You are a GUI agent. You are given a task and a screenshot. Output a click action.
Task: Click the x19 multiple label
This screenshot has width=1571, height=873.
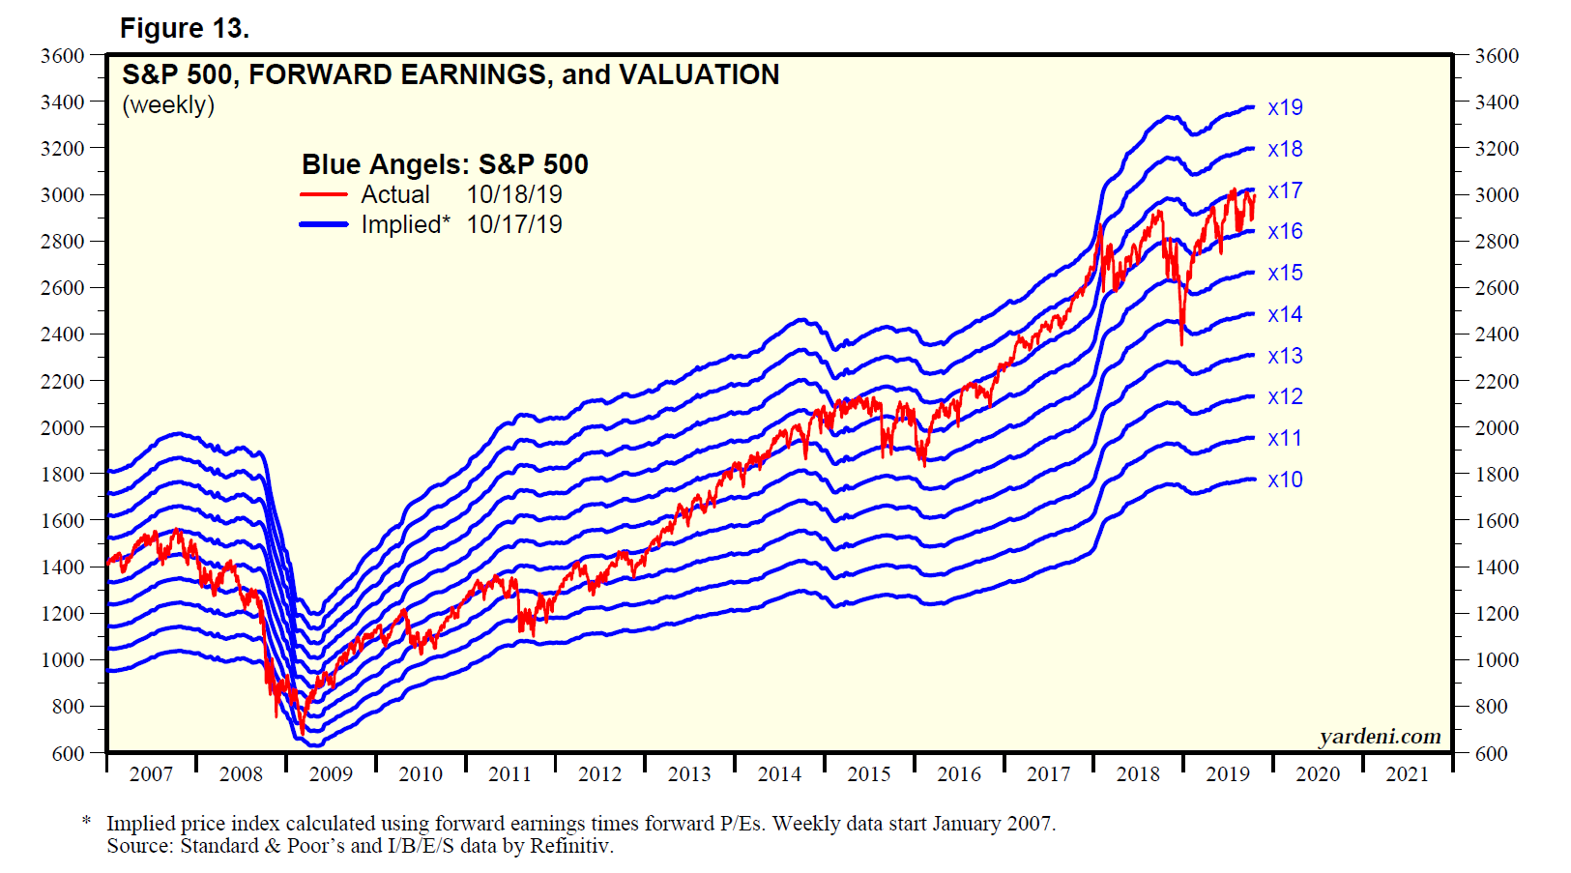1285,107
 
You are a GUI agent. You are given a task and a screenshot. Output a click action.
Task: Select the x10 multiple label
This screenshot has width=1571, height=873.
1285,480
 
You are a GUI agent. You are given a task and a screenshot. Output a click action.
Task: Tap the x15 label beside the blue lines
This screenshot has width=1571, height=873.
1285,273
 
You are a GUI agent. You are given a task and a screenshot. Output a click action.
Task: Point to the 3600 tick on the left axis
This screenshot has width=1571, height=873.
63,56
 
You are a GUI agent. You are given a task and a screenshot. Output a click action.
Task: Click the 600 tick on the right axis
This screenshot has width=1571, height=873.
1491,753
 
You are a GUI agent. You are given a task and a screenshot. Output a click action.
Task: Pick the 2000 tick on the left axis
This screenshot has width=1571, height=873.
63,427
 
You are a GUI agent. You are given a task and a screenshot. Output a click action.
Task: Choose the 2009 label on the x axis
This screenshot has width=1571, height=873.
331,773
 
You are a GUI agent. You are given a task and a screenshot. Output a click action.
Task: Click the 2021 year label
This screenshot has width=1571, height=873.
1407,773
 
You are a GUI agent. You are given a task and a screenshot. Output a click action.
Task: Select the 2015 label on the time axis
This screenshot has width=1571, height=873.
869,773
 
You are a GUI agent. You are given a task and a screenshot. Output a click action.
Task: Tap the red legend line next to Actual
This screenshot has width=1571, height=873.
324,194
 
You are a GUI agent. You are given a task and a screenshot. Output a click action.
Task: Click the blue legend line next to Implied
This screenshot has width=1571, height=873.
324,224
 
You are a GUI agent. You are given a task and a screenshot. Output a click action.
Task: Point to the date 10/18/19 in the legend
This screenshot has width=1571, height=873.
514,194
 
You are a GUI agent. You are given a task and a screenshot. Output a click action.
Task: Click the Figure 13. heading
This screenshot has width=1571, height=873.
185,29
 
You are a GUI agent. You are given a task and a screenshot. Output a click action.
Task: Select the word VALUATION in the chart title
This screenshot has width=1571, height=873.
699,74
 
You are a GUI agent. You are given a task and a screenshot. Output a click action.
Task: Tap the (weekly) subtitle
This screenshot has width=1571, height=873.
168,104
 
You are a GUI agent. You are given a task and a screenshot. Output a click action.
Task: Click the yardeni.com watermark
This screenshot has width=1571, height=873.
1380,737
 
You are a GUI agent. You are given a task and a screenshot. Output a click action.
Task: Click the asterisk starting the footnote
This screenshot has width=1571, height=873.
87,822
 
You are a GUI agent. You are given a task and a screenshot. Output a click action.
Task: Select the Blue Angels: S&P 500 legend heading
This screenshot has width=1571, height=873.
445,164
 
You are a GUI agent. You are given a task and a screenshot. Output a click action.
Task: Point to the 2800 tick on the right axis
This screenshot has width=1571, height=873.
1496,242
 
